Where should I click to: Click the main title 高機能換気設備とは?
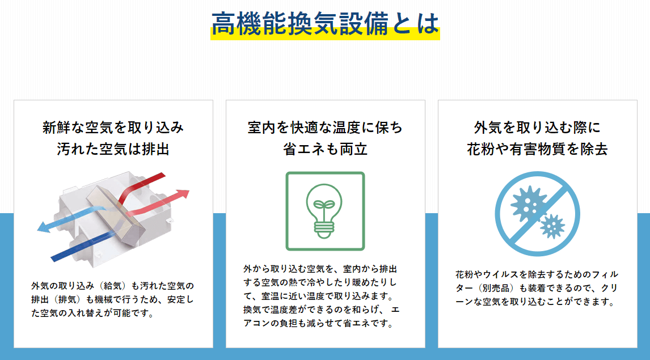pos(325,24)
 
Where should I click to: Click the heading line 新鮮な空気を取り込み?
pos(113,128)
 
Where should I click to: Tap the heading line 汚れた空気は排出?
pos(113,149)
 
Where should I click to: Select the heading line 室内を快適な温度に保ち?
pos(325,128)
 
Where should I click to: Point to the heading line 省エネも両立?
pos(325,149)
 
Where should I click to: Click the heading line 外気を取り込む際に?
pos(537,128)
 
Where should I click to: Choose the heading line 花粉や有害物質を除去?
pos(537,149)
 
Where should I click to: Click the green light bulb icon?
pos(324,211)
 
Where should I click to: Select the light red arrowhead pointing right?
pos(183,194)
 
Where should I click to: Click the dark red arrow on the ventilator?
pos(141,188)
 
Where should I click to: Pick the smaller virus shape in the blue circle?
pos(552,226)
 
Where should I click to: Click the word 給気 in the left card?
pos(113,286)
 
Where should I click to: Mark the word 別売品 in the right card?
pos(496,289)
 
